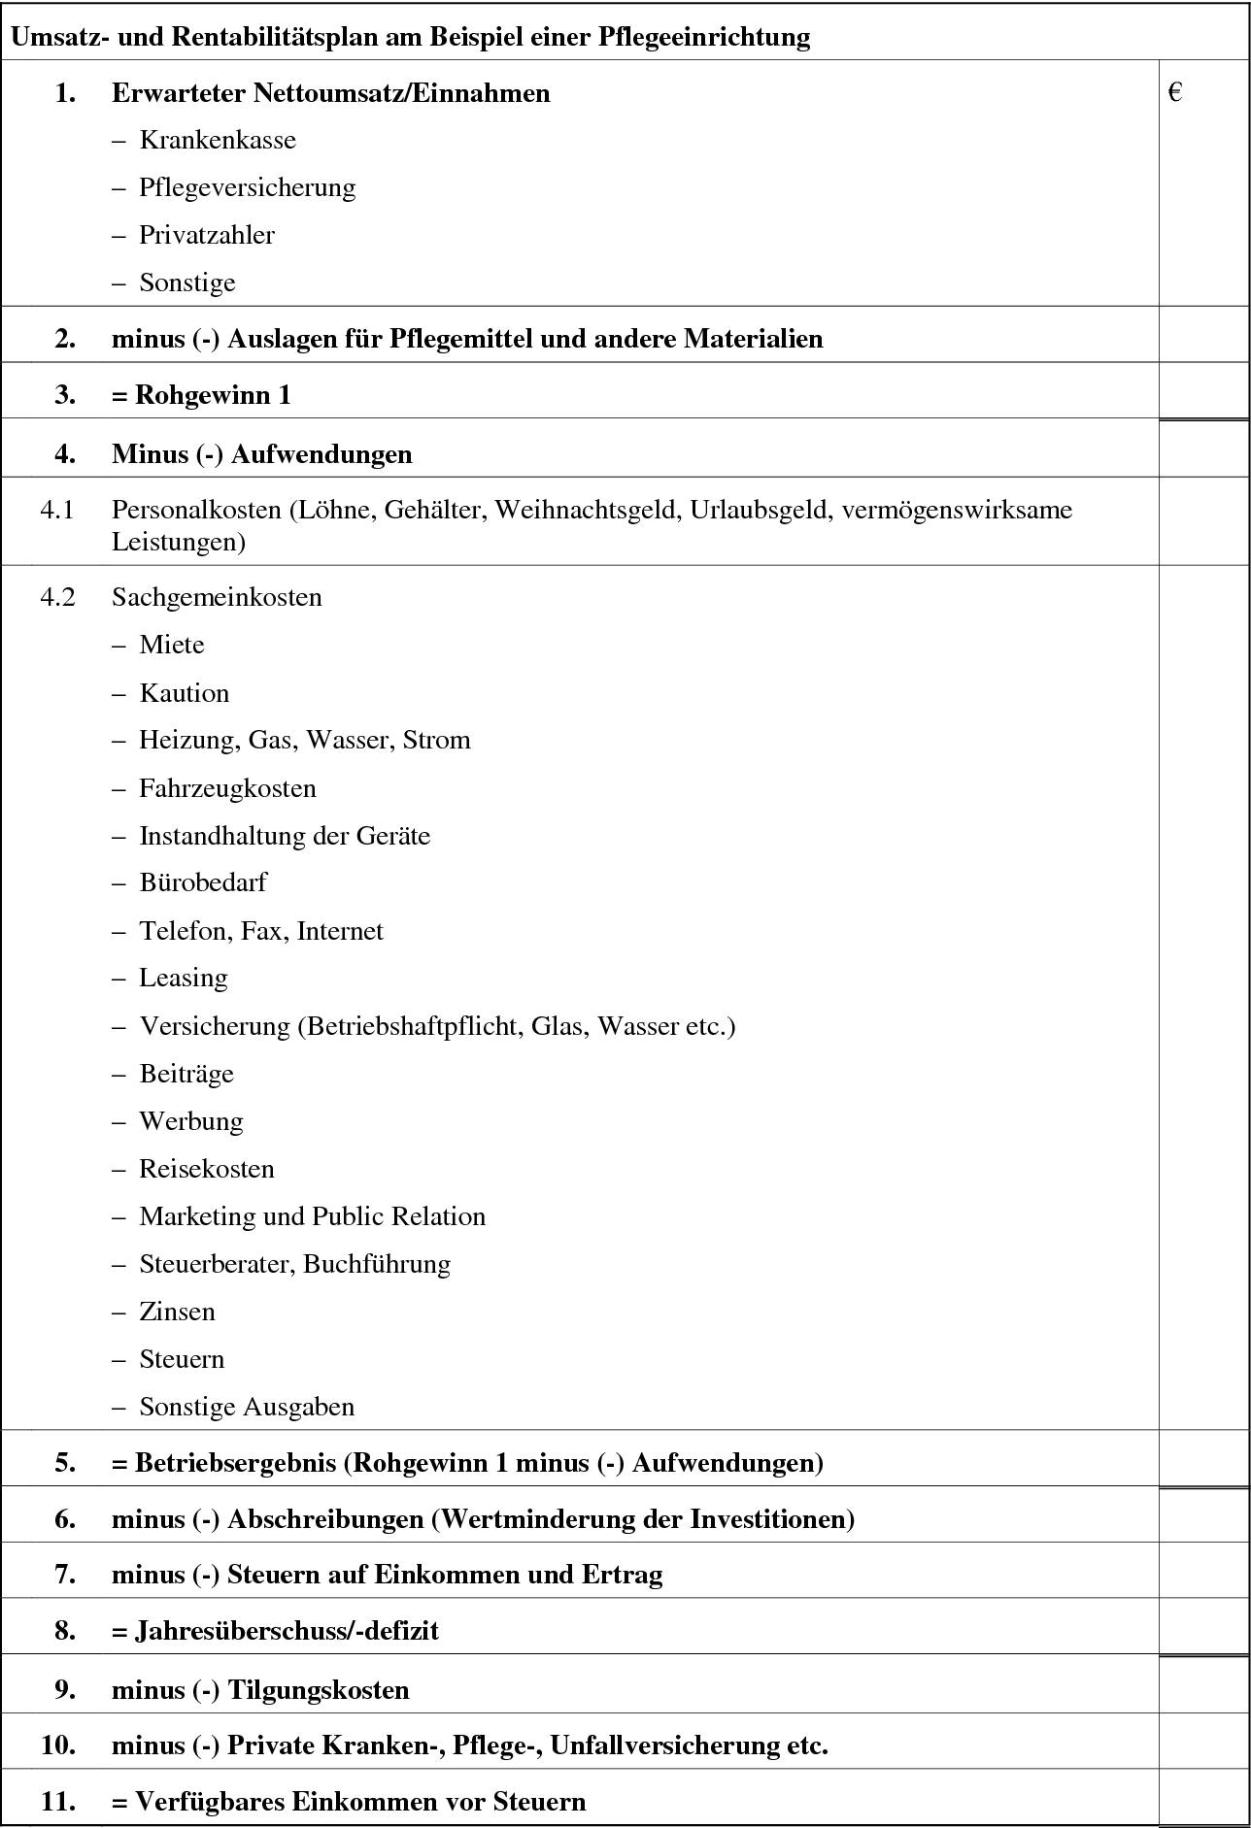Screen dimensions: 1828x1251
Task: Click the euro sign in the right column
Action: [1175, 93]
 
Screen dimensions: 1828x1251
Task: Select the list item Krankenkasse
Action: [218, 141]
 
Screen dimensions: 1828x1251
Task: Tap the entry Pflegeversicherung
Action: [247, 188]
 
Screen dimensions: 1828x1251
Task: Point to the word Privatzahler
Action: [207, 236]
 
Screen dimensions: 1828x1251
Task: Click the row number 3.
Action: [65, 396]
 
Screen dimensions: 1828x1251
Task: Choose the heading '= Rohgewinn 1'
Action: [201, 396]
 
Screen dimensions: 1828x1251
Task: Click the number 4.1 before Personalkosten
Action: [57, 510]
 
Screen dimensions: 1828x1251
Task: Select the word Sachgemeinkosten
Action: [217, 597]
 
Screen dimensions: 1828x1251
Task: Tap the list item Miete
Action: [172, 646]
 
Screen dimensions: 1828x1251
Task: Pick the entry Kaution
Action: [185, 694]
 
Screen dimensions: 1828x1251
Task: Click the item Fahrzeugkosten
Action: [227, 788]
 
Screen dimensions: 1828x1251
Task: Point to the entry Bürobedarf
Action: [203, 883]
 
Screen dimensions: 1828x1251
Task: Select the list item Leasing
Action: [184, 979]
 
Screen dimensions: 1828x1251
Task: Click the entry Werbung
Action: [191, 1122]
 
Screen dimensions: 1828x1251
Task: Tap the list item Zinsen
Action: [177, 1313]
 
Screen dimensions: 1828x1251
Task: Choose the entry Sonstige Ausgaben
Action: [247, 1408]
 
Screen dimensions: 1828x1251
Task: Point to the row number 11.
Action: [58, 1802]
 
